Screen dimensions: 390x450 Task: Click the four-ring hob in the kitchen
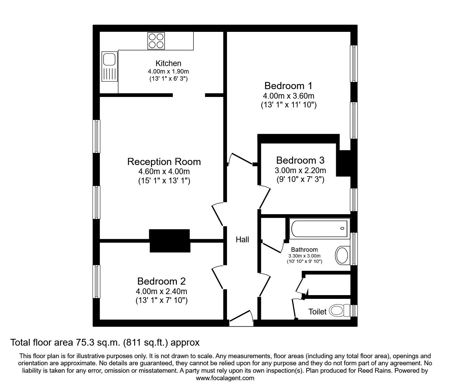pyautogui.click(x=156, y=40)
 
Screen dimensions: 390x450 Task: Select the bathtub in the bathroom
pyautogui.click(x=319, y=228)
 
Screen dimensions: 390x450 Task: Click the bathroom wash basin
pyautogui.click(x=342, y=255)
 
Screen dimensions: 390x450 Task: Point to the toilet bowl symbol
pyautogui.click(x=339, y=310)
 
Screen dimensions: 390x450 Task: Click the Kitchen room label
pyautogui.click(x=168, y=63)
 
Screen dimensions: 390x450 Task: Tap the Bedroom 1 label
pyautogui.click(x=288, y=85)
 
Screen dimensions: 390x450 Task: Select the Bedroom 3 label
pyautogui.click(x=300, y=160)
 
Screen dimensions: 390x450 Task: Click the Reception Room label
pyautogui.click(x=164, y=162)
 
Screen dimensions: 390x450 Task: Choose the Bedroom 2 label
pyautogui.click(x=162, y=281)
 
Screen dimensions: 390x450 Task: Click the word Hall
pyautogui.click(x=242, y=240)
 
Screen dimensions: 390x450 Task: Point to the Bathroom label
pyautogui.click(x=304, y=250)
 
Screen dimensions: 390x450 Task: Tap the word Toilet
pyautogui.click(x=318, y=312)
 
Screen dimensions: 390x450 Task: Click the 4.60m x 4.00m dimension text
pyautogui.click(x=164, y=171)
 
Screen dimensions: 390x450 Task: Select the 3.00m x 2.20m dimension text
pyautogui.click(x=300, y=170)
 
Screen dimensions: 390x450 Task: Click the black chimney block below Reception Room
pyautogui.click(x=169, y=241)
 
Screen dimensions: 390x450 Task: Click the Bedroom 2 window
pyautogui.click(x=97, y=281)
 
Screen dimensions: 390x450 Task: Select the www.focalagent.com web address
pyautogui.click(x=225, y=378)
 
